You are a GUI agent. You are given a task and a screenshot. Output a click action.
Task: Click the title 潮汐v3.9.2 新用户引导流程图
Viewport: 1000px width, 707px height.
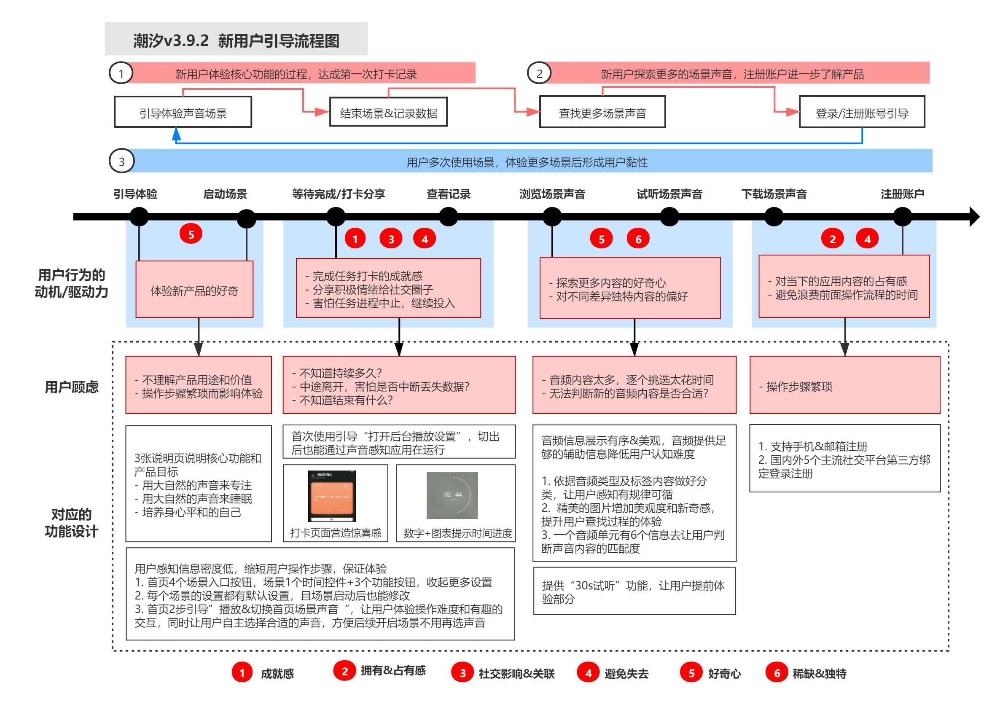pyautogui.click(x=236, y=40)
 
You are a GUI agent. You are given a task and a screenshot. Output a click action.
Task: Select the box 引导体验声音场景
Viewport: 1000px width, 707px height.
pyautogui.click(x=183, y=113)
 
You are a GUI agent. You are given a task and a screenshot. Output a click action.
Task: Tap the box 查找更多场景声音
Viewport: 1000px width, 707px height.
pyautogui.click(x=602, y=113)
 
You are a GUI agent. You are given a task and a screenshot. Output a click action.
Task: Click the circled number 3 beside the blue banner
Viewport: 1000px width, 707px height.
pyautogui.click(x=121, y=161)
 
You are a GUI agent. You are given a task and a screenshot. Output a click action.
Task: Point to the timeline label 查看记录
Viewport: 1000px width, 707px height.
pyautogui.click(x=448, y=194)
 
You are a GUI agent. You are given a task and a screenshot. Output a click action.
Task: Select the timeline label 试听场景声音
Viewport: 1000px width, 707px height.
pyautogui.click(x=669, y=194)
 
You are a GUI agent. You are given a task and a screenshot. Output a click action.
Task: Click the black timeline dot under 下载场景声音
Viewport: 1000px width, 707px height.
pyautogui.click(x=774, y=217)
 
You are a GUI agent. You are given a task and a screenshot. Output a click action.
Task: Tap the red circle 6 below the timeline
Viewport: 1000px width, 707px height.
pyautogui.click(x=637, y=239)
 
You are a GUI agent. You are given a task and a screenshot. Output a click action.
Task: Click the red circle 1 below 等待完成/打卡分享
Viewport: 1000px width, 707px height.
pyautogui.click(x=355, y=239)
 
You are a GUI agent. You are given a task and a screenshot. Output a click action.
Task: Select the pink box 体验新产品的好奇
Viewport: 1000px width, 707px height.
pyautogui.click(x=194, y=290)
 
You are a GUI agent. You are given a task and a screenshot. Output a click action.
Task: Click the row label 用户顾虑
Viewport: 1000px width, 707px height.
pyautogui.click(x=71, y=387)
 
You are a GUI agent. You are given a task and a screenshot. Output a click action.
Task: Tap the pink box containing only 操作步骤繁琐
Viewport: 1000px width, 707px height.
pyautogui.click(x=844, y=385)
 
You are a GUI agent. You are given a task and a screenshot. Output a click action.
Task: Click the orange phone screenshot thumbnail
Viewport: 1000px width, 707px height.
pyautogui.click(x=331, y=496)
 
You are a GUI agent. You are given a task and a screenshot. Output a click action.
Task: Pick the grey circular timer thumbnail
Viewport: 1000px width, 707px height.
pyautogui.click(x=452, y=495)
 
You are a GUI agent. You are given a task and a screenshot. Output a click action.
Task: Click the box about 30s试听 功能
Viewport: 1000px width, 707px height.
pyautogui.click(x=634, y=591)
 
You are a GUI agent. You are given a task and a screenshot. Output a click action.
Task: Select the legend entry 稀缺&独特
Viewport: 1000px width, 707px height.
pyautogui.click(x=806, y=673)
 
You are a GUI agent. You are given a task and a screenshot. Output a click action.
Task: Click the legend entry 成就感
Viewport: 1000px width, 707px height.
pyautogui.click(x=263, y=673)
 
